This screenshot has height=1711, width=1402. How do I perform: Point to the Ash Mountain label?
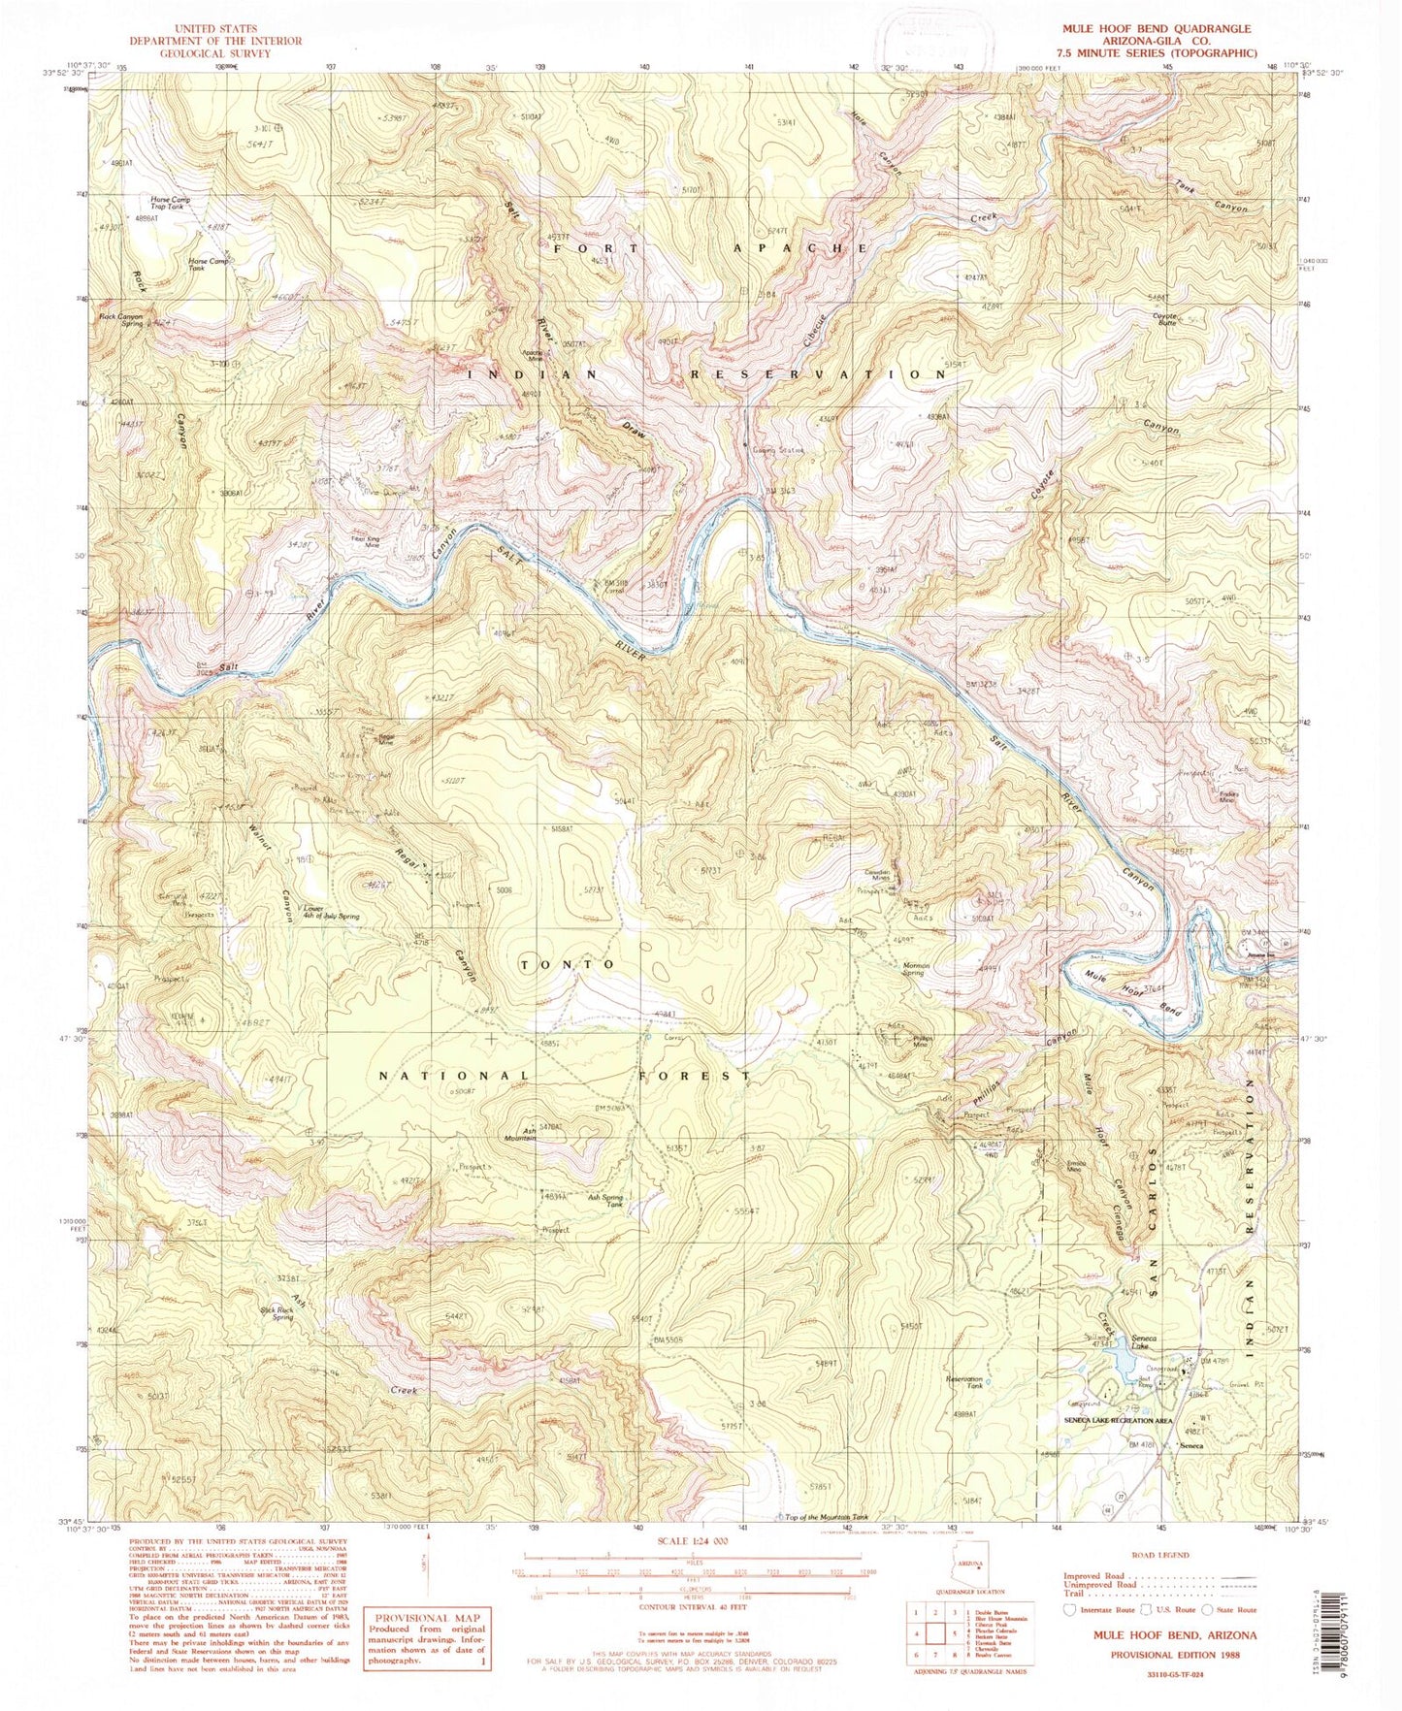pos(520,1136)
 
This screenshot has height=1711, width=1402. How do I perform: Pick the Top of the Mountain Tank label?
pos(826,1518)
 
